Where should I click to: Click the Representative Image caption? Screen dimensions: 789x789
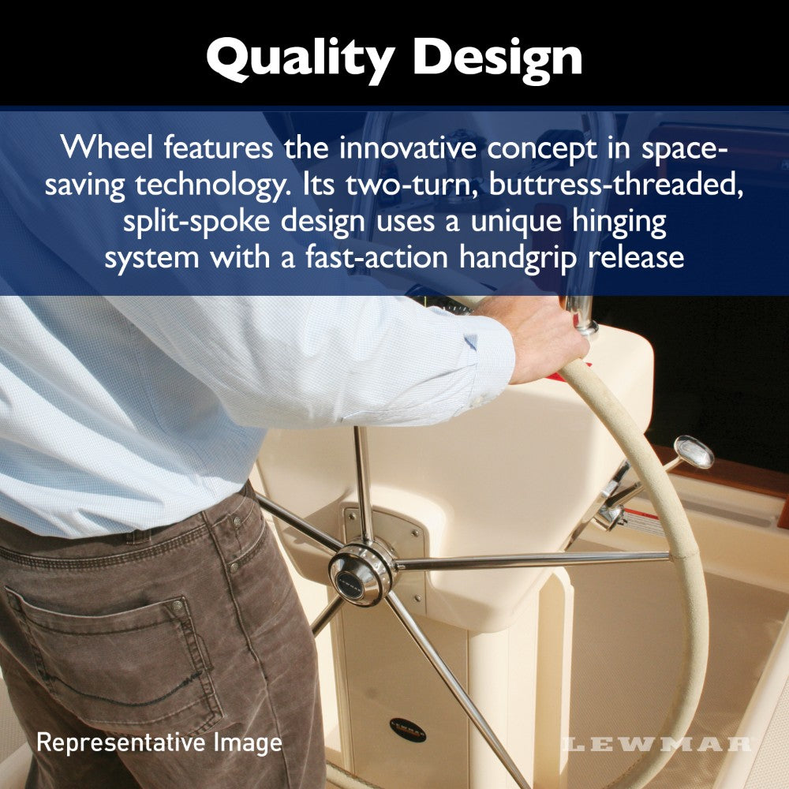pos(159,742)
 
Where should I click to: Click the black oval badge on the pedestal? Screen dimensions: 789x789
pos(407,728)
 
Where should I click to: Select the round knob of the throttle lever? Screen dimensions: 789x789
pos(694,451)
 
